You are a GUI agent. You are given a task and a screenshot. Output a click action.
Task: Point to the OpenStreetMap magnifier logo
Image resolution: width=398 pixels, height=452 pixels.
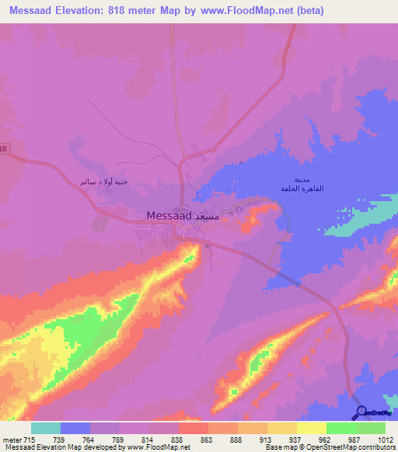point(361,412)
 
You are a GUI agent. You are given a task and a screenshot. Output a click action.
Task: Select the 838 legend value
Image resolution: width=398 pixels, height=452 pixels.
point(179,440)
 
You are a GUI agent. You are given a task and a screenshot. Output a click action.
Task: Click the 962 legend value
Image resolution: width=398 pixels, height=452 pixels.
point(326,440)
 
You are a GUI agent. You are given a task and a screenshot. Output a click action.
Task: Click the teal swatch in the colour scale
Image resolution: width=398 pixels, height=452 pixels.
point(46,428)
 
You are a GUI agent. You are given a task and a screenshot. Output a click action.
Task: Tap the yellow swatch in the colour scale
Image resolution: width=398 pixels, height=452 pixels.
point(281,428)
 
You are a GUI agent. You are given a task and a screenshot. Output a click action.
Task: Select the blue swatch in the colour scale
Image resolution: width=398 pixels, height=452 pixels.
point(75,428)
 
